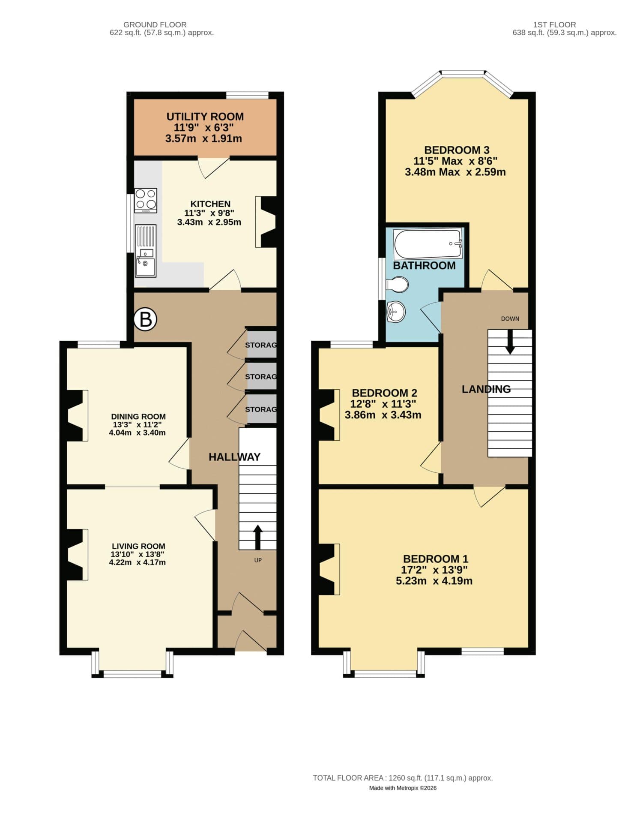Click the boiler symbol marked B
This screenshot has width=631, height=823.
click(146, 319)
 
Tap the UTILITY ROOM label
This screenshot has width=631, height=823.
click(205, 117)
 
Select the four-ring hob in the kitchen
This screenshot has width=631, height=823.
click(146, 200)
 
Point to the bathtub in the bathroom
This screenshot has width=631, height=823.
click(428, 244)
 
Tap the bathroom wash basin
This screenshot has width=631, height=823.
click(396, 312)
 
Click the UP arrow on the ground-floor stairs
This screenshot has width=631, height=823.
click(257, 537)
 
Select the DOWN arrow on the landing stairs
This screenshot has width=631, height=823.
click(510, 342)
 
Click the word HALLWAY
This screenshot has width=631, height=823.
click(234, 457)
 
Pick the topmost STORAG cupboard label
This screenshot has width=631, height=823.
click(260, 345)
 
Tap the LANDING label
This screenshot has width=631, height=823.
click(486, 389)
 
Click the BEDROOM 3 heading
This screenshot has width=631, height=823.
click(456, 150)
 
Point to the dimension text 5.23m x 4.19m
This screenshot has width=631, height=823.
click(434, 581)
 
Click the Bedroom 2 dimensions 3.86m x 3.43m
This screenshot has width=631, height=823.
click(383, 415)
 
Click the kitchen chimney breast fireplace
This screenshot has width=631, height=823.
click(266, 222)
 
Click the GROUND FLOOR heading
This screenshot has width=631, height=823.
click(155, 25)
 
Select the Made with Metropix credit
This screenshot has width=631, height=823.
click(402, 788)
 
